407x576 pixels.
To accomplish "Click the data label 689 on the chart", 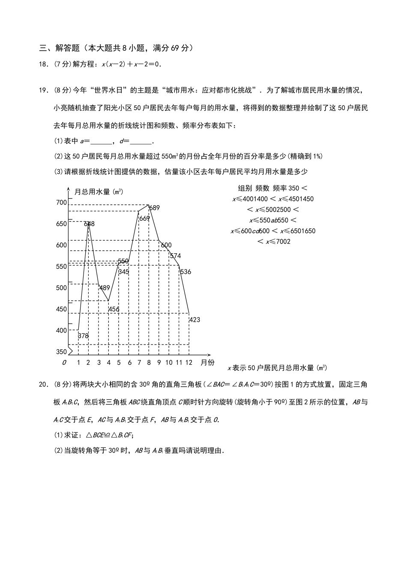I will tap(154, 208).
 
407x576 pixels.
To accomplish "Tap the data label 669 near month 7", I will tap(144, 218).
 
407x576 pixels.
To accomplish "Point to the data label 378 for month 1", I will tap(83, 336).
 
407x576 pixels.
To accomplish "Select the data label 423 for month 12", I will tap(195, 320).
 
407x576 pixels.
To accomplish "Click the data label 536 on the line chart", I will tap(186, 272).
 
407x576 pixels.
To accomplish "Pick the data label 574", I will tap(175, 256).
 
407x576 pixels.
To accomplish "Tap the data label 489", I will tap(105, 288).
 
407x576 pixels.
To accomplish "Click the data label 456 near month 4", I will tap(114, 309).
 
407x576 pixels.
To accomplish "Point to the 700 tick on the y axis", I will tap(61, 202).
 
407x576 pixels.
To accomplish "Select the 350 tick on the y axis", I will tap(61, 352).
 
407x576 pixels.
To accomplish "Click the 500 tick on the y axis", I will tap(61, 288).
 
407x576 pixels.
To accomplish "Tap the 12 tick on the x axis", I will tap(189, 363).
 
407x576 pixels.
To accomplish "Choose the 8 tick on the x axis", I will tap(149, 363).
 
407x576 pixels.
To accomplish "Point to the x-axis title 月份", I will tap(208, 363).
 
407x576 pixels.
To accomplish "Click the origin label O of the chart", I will tap(64, 363).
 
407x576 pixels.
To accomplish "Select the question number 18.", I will tap(42, 64).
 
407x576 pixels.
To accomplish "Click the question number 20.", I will tap(42, 384).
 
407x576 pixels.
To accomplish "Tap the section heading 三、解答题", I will tap(56, 48).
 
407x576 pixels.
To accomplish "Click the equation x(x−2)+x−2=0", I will tap(131, 64).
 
